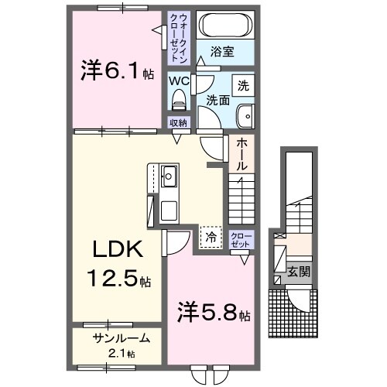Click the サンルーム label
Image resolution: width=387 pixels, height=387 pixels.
pyautogui.click(x=116, y=338)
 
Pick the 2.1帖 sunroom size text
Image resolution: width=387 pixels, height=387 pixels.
pyautogui.click(x=121, y=353)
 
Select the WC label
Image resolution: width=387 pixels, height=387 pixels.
pyautogui.click(x=180, y=80)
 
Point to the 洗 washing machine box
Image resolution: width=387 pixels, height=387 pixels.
pyautogui.click(x=243, y=84)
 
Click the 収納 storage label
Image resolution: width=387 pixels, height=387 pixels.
pyautogui.click(x=180, y=122)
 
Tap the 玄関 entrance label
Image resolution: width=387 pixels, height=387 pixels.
pyautogui.click(x=297, y=272)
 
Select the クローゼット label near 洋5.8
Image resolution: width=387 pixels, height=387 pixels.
pyautogui.click(x=242, y=238)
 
